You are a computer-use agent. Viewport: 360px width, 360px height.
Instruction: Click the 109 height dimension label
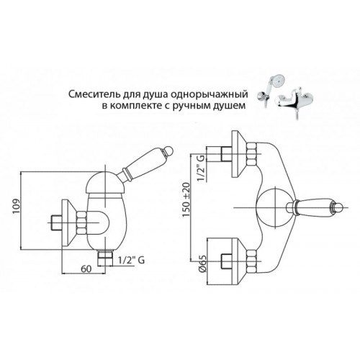tap(17, 207)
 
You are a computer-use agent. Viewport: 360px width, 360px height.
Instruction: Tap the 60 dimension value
tap(86, 269)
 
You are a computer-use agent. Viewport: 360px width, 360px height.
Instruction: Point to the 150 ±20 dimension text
tap(186, 200)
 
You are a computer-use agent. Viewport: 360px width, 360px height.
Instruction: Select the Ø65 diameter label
tap(203, 264)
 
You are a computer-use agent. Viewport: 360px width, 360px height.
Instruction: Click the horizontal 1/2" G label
tap(131, 260)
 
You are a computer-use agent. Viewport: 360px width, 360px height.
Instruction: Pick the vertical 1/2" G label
tap(202, 168)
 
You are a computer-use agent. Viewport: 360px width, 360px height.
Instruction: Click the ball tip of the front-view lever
tap(338, 207)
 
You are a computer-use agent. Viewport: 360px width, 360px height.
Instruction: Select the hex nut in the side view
tap(82, 222)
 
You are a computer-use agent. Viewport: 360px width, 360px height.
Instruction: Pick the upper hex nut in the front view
tap(251, 154)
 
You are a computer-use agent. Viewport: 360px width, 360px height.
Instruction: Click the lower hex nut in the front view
tap(251, 261)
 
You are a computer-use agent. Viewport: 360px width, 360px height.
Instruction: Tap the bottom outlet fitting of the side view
tap(105, 258)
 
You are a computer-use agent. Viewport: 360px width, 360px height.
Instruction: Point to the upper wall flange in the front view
tap(239, 154)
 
